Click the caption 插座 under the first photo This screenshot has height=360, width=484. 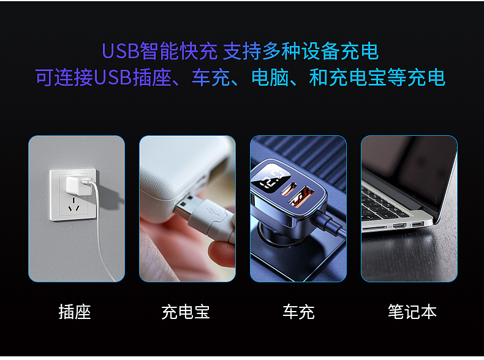75,312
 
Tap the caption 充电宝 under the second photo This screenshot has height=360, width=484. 186,312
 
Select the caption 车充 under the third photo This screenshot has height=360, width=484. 298,312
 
